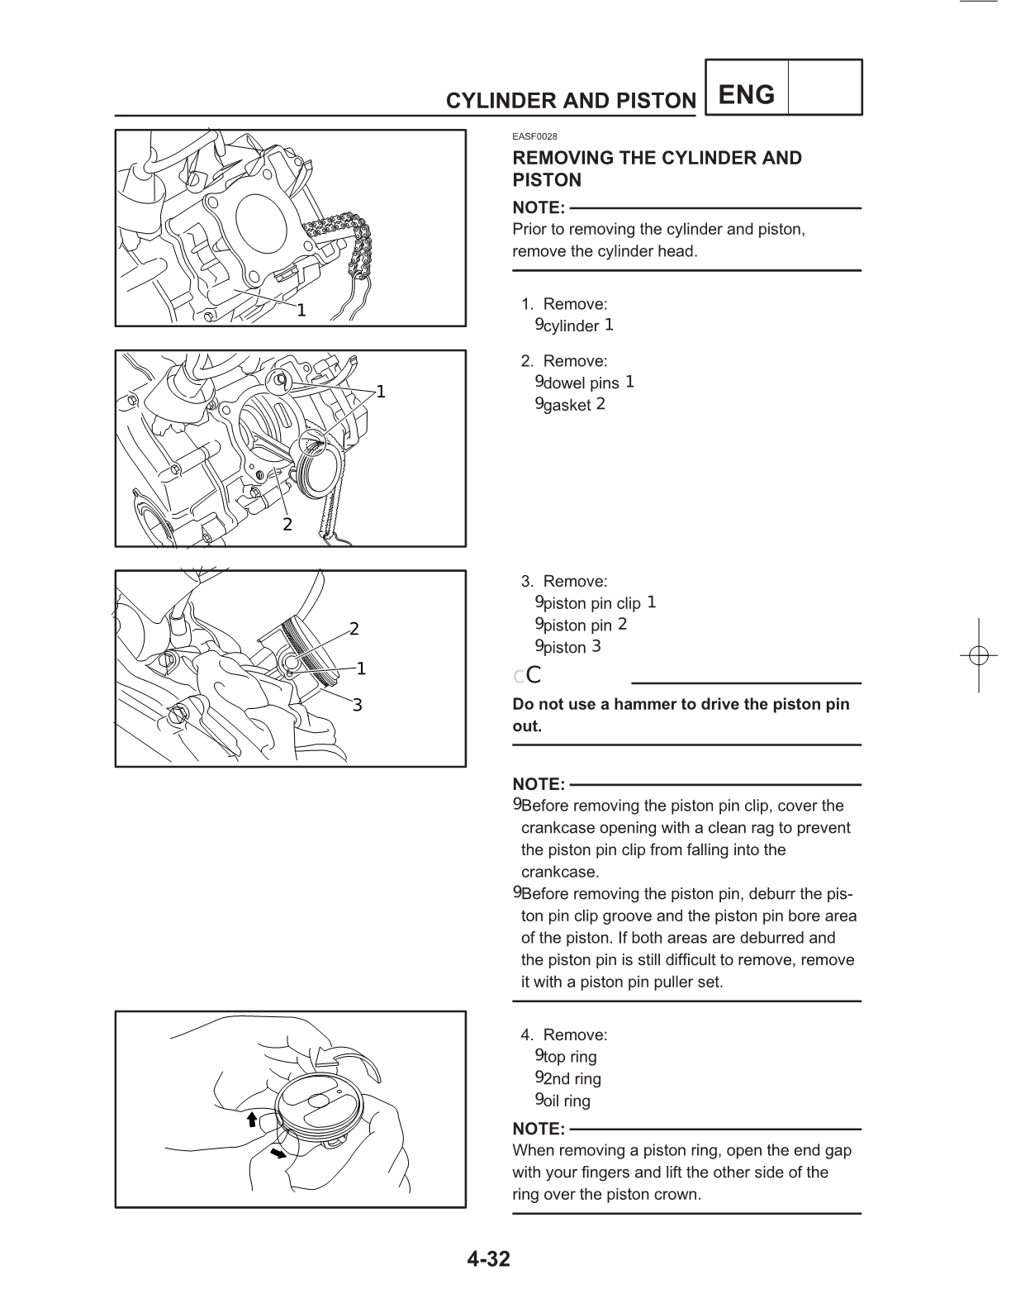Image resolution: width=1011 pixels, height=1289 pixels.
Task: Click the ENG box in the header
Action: click(x=747, y=95)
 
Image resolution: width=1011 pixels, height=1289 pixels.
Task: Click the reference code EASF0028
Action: click(x=534, y=136)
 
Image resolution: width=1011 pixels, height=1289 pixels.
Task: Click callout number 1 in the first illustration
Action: click(x=301, y=311)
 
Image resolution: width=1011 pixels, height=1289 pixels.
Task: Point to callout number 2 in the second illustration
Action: click(x=287, y=524)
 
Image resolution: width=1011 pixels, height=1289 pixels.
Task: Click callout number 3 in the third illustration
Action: click(x=358, y=705)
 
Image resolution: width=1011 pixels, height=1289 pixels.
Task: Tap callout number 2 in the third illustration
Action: click(x=354, y=630)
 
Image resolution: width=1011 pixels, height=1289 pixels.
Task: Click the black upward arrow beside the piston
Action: click(x=252, y=1120)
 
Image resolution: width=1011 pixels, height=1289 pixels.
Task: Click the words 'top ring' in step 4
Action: click(x=570, y=1057)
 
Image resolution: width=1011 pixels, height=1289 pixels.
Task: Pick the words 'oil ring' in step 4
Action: click(x=567, y=1101)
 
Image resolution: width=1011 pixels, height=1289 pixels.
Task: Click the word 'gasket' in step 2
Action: click(x=567, y=406)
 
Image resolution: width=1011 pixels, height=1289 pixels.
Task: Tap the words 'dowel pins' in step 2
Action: click(x=581, y=383)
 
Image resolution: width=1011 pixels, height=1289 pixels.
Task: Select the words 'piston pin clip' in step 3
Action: click(x=592, y=604)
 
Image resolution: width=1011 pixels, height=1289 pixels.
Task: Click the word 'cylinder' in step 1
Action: click(x=571, y=326)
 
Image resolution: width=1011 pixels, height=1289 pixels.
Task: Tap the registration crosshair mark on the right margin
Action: click(x=978, y=655)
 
